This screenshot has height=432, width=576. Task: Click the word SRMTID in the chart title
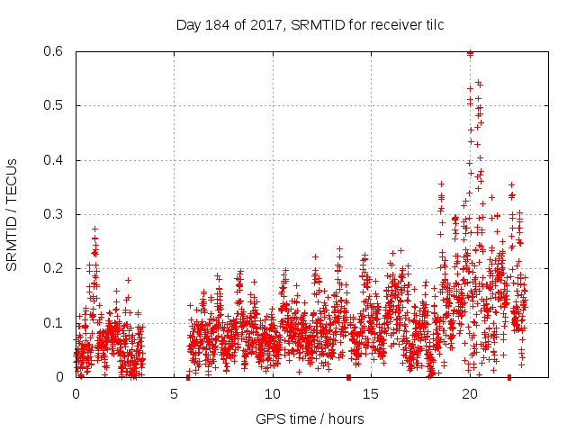tap(292, 23)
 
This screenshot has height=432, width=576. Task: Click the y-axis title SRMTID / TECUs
tap(12, 214)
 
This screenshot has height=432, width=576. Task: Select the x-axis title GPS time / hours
tap(310, 418)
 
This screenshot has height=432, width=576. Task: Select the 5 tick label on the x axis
tap(174, 393)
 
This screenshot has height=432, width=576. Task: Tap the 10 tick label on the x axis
tap(273, 393)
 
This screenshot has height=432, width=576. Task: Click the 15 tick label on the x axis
tap(371, 393)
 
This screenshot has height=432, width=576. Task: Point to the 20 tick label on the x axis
tap(470, 393)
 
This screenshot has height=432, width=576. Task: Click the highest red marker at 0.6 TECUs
tap(470, 53)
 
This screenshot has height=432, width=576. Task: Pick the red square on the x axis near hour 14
tap(348, 377)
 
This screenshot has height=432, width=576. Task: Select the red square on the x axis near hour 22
tap(509, 377)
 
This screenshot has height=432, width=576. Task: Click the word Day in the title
tap(186, 23)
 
